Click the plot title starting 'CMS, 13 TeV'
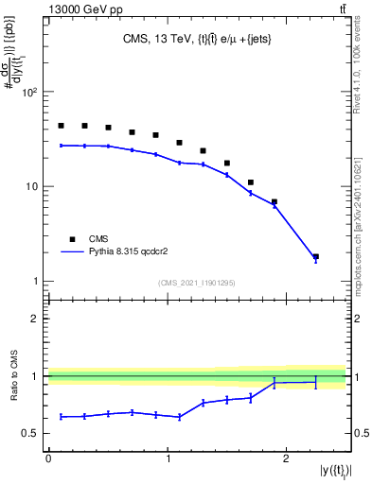tap(195, 39)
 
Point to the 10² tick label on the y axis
tap(29, 93)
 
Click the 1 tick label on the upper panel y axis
tap(35, 282)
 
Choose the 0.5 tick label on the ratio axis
tap(31, 433)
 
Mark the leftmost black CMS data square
tap(61, 126)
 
